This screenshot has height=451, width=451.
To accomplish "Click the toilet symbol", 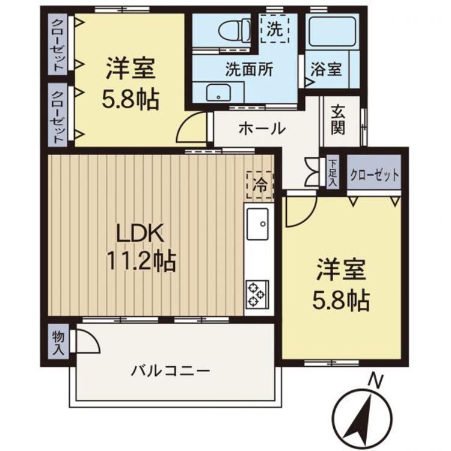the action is click(235, 30).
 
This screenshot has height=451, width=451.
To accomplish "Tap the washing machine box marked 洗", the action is click(275, 29).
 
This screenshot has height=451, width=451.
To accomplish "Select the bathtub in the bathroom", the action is click(333, 32).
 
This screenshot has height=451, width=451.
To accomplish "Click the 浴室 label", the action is click(326, 69).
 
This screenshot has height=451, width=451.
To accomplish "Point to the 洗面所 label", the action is click(249, 69).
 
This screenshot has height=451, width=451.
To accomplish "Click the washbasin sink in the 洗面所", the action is click(218, 93).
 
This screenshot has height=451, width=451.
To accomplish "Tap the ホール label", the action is click(262, 128).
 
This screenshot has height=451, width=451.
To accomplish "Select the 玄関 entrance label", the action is click(338, 120).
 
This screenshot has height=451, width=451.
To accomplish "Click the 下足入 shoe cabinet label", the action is click(333, 173).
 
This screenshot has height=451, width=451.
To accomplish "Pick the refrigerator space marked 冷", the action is click(260, 185).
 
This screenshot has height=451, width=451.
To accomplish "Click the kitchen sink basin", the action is click(258, 224).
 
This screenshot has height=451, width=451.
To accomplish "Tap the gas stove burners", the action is click(257, 294).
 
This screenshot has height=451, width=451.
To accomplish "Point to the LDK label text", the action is click(140, 233).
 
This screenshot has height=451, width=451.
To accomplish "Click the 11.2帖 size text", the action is click(141, 261).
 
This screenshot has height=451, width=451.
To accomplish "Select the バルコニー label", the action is click(171, 371).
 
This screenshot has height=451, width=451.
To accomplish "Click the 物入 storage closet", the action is click(58, 341).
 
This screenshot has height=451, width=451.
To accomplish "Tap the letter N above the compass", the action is click(376, 381).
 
